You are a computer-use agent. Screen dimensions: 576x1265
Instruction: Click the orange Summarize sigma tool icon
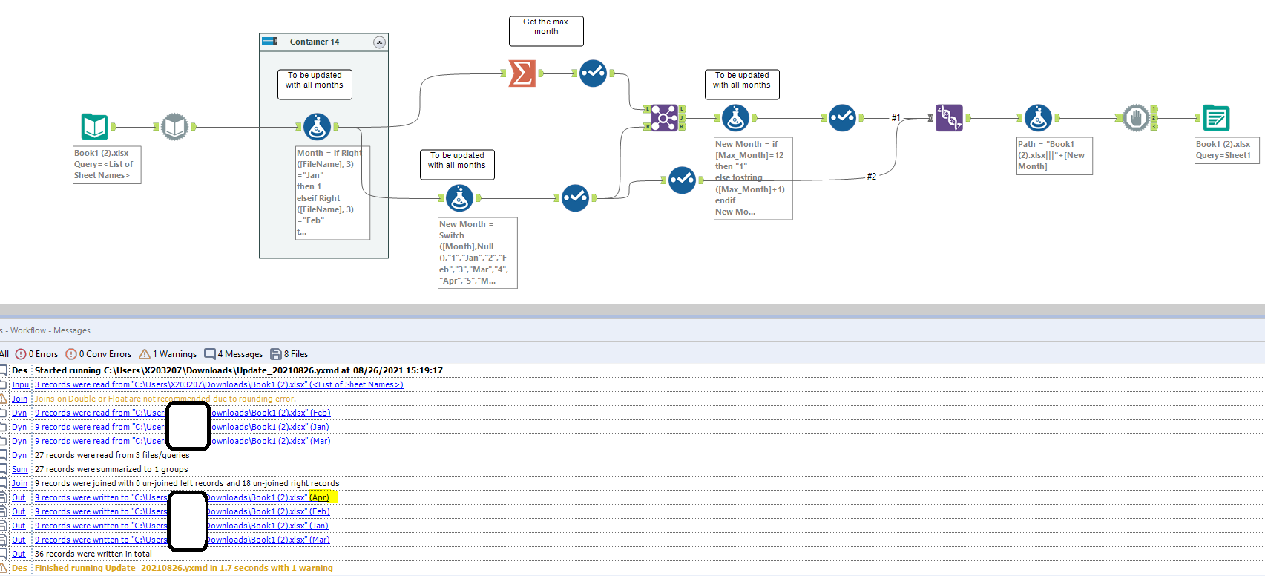tap(522, 73)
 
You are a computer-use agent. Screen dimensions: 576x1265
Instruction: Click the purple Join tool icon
tap(663, 117)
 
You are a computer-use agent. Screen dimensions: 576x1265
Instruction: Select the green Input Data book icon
tap(95, 127)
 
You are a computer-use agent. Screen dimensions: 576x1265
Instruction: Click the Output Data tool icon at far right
tap(1216, 118)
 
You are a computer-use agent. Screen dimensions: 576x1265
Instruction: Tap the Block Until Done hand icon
tap(1135, 117)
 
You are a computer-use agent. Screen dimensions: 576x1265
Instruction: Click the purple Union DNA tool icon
tap(949, 117)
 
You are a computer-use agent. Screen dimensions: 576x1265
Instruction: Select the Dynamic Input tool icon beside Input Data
tap(174, 127)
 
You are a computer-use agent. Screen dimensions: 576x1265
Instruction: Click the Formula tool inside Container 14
tap(317, 127)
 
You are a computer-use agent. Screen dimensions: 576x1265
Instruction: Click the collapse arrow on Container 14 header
tap(379, 42)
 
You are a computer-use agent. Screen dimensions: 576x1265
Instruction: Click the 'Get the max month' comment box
tap(546, 30)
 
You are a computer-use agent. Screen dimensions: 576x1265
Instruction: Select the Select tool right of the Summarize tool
tap(592, 73)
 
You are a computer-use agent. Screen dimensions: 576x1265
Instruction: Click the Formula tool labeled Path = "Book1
tap(1037, 117)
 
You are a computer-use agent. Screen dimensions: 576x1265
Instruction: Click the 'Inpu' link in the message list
tap(20, 384)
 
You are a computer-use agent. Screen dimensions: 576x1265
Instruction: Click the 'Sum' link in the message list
tap(19, 469)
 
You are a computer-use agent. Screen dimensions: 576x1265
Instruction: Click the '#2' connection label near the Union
tap(872, 176)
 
